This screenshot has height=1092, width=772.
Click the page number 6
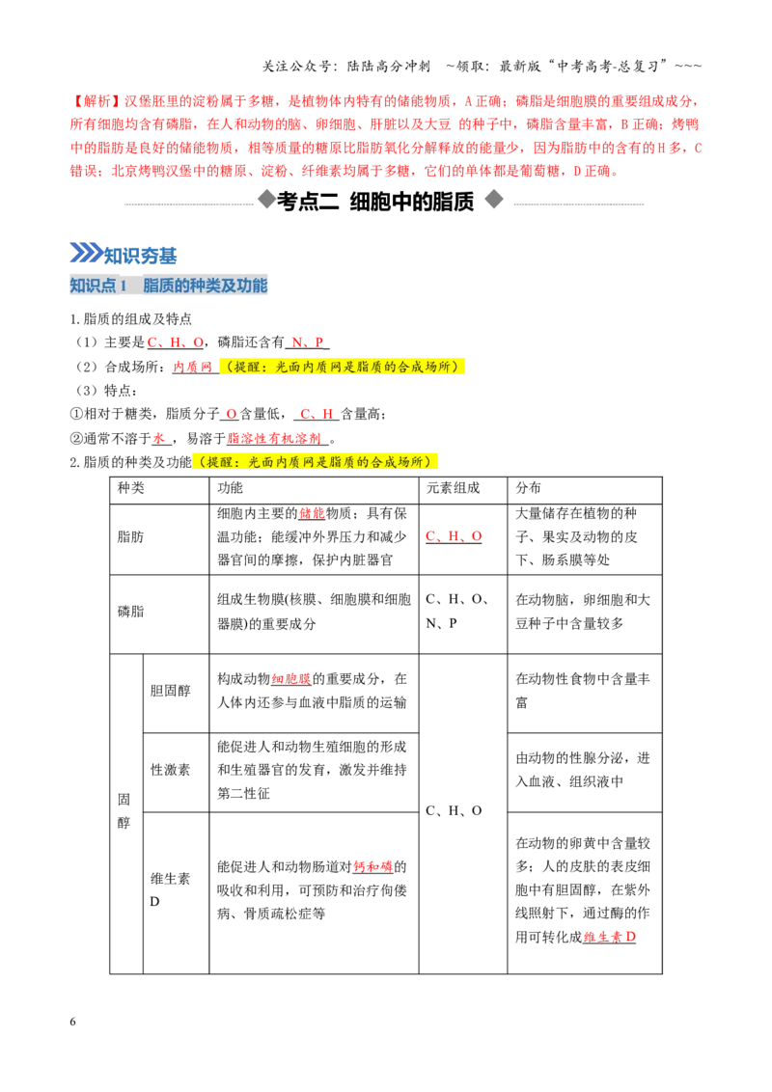(72, 1021)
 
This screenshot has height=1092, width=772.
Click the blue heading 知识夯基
(140, 256)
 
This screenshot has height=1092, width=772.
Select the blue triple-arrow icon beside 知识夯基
(86, 253)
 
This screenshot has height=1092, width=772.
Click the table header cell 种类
(130, 488)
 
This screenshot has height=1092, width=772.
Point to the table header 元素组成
(453, 488)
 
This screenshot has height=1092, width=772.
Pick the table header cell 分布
(528, 488)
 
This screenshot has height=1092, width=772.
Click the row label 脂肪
(130, 537)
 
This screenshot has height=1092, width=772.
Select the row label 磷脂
(130, 612)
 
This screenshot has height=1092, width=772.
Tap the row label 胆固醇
(170, 691)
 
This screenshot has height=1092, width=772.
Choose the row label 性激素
(170, 770)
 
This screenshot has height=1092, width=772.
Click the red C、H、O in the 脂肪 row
(454, 536)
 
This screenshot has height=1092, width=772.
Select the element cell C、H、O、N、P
(456, 611)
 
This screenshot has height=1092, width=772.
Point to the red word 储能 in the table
(312, 514)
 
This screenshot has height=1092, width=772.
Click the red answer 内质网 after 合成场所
(192, 367)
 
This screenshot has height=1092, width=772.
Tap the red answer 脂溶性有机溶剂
(274, 438)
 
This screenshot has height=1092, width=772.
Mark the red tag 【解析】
(96, 101)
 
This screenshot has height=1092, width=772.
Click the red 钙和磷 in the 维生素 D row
(372, 867)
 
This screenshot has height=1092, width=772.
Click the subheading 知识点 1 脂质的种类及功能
(168, 286)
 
